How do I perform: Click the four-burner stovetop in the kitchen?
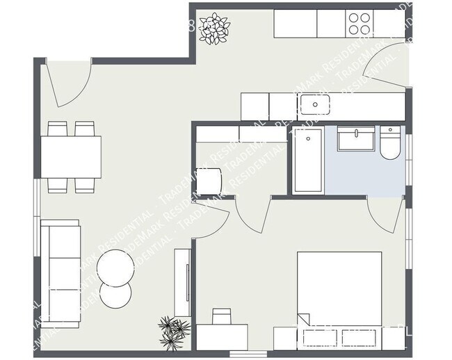(x=360, y=24)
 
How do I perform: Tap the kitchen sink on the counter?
(x=316, y=106)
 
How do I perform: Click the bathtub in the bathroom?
(x=307, y=160)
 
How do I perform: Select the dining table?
(x=71, y=156)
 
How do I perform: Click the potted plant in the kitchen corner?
(x=213, y=29)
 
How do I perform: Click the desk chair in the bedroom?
(x=222, y=317)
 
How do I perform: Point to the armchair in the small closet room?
(x=210, y=181)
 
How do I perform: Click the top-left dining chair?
(x=57, y=129)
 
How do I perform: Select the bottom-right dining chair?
(x=85, y=184)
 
